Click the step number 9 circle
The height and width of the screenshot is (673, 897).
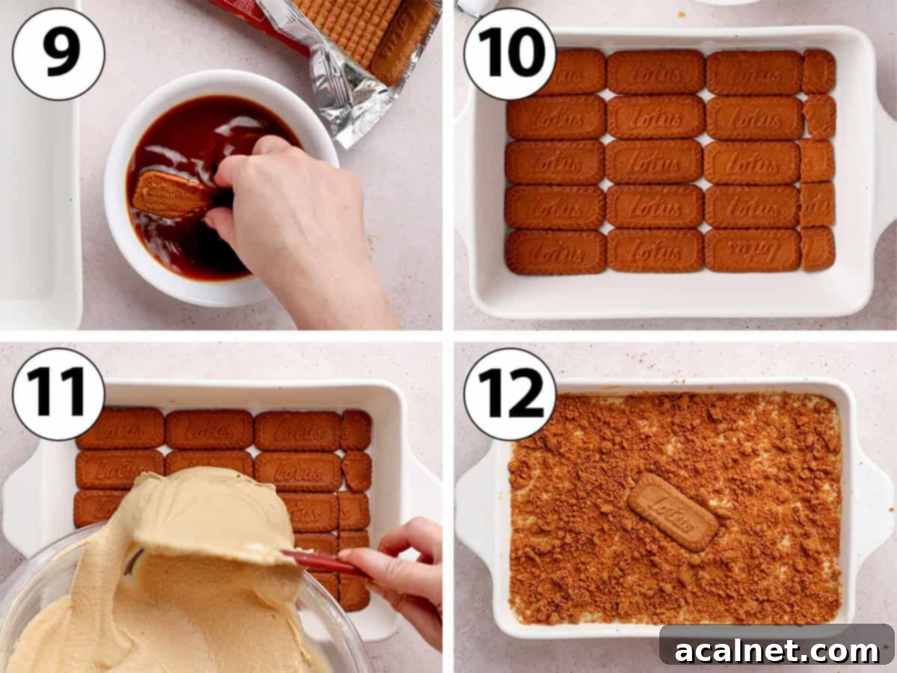(x=58, y=53)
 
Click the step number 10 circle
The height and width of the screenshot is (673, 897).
(x=510, y=53)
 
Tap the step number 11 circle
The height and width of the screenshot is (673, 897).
(x=58, y=393)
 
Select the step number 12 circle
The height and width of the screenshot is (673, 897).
(x=510, y=393)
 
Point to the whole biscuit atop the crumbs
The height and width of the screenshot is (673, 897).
(x=673, y=511)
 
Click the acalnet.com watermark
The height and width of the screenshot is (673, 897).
(x=777, y=651)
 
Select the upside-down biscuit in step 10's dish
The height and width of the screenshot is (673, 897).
(x=752, y=251)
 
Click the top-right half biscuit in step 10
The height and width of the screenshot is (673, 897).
(x=819, y=72)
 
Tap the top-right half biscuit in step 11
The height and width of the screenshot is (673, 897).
(x=356, y=430)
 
